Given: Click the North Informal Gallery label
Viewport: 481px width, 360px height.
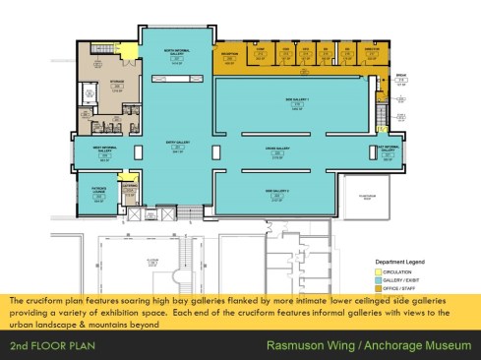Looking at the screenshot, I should (177, 51).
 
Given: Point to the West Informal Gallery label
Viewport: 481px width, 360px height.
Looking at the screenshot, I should (99, 149).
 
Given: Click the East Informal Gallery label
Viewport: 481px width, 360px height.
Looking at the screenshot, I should (387, 149).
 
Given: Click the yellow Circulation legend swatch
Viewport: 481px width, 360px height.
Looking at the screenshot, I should (368, 272).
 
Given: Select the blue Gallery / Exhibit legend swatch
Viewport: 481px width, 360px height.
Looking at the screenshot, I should (368, 280).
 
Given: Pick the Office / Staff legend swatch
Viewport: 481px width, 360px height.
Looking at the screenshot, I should (368, 287).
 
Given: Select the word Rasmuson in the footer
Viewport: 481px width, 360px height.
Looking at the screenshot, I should (297, 346).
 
